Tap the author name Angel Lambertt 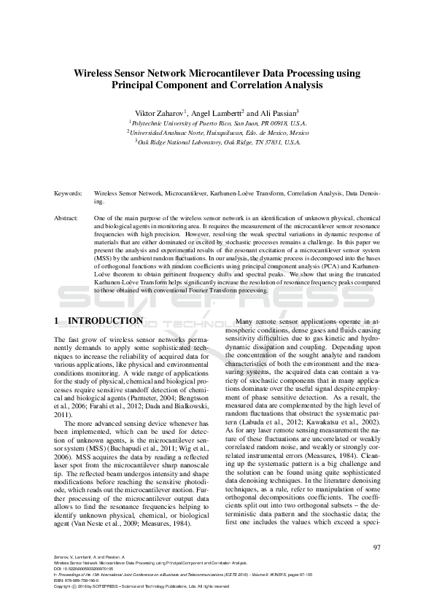[x=215, y=114]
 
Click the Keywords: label [x=69, y=195]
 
